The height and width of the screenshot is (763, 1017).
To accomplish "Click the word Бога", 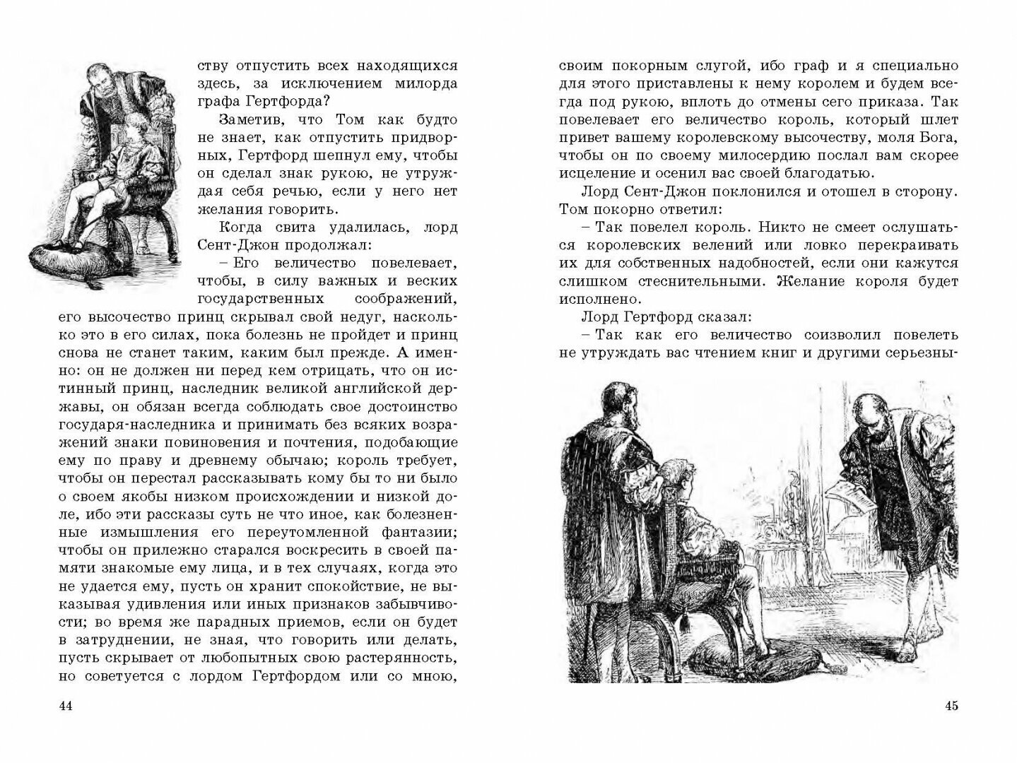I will [x=940, y=138].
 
